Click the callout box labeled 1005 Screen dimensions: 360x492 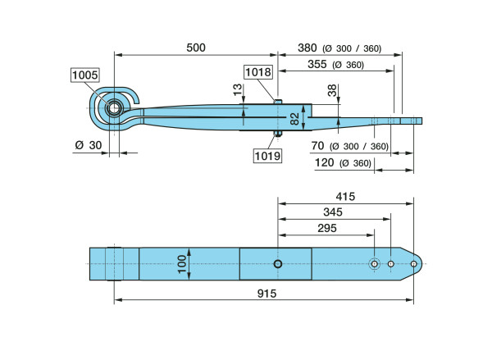[85, 75]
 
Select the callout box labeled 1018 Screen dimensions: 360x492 [258, 72]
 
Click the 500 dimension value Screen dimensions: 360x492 [196, 48]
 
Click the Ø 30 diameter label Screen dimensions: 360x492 [88, 144]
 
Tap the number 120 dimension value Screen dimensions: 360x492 [326, 163]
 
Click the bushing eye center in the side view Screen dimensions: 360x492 [114, 107]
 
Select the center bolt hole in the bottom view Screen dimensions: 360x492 [279, 264]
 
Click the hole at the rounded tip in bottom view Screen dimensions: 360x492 [413, 264]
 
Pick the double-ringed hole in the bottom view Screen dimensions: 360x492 [375, 264]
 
